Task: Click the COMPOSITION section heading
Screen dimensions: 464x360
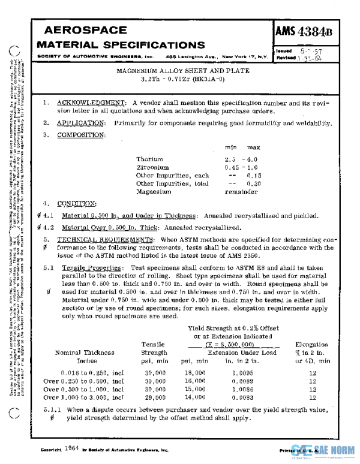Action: pos(81,135)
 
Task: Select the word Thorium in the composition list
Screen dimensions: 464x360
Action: pos(149,159)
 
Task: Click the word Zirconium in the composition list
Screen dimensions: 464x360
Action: pos(152,167)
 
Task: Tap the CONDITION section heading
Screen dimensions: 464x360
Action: pos(77,203)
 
